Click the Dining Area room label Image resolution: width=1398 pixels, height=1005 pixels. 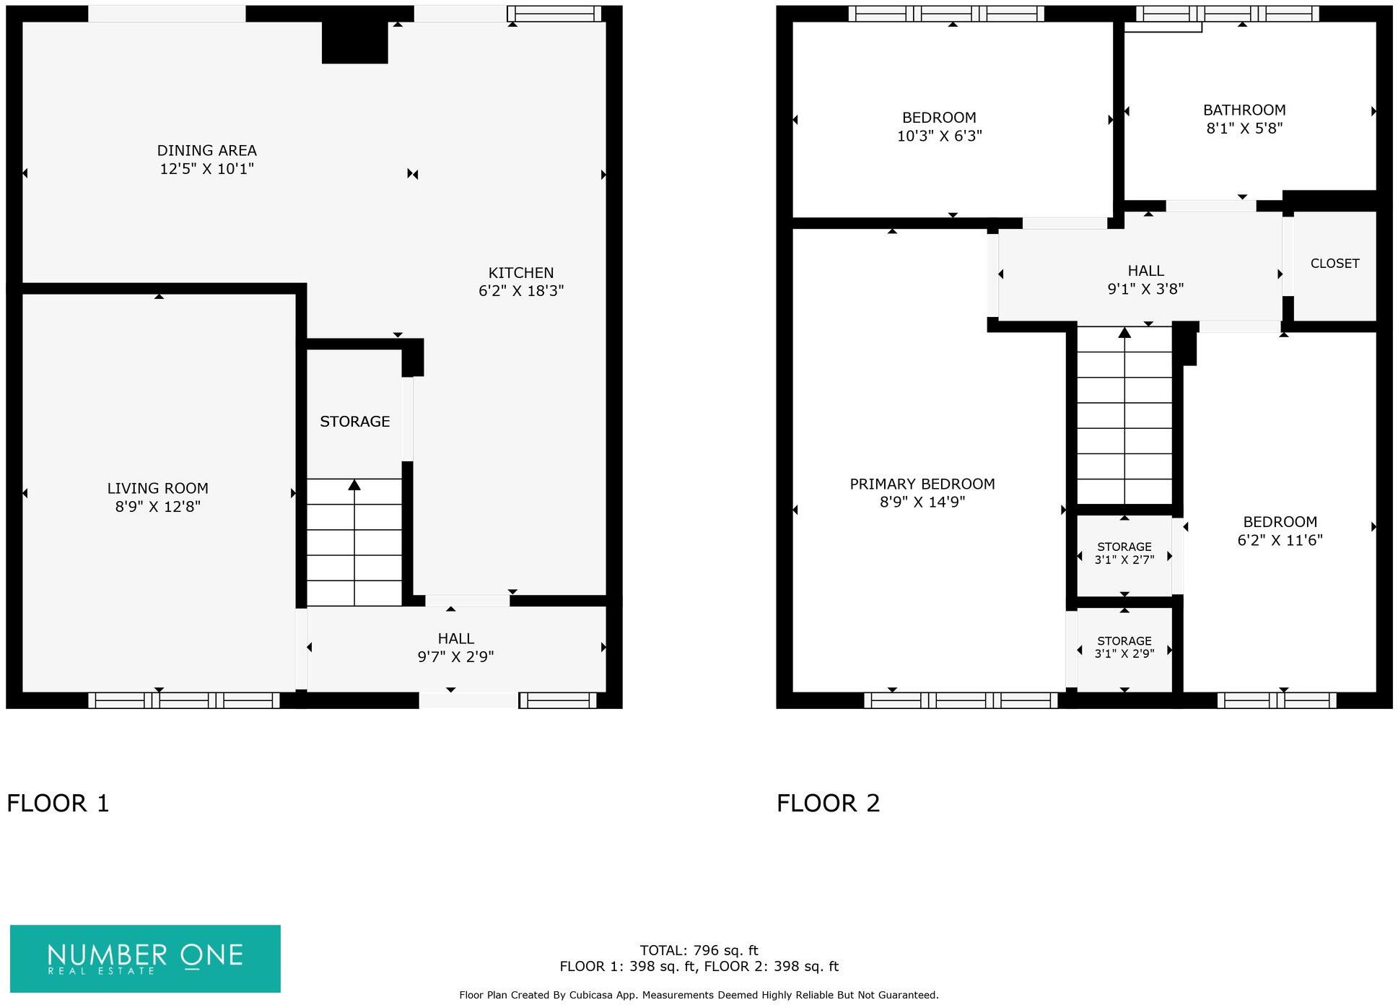pos(206,151)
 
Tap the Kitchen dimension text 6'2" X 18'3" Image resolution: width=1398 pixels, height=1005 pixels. pos(520,291)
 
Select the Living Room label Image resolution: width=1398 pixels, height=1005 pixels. pos(157,489)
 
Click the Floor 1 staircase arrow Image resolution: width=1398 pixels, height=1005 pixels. pos(354,485)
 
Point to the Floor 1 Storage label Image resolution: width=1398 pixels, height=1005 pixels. pos(354,422)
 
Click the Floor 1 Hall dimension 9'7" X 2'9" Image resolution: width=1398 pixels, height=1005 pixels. pos(455,657)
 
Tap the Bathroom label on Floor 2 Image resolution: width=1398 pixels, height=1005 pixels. pos(1244,110)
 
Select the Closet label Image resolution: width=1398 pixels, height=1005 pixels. pos(1334,264)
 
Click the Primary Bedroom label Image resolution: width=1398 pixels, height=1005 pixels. pos(922,484)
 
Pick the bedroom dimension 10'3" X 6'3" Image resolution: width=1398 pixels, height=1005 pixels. pos(939,136)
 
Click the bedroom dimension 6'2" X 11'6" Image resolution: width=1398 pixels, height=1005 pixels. pos(1280,540)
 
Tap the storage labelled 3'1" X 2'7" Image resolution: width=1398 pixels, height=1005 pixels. pos(1124,560)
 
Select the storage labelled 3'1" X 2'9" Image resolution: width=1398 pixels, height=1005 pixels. pos(1124,653)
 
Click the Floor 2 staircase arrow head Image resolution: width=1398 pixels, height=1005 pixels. pos(1124,333)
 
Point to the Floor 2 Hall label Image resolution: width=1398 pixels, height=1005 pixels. pos(1145,271)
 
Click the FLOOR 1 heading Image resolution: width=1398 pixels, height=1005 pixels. pos(58,803)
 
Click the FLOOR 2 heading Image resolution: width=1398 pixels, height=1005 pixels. pos(828,803)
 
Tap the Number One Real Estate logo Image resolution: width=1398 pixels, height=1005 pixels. pos(145,958)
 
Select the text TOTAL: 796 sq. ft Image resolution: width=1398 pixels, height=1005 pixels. pos(698,950)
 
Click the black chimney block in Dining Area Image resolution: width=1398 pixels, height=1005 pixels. pos(354,42)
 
